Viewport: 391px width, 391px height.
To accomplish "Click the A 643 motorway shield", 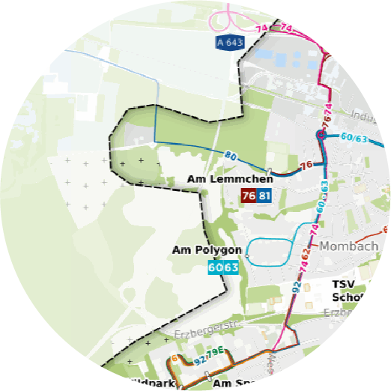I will tap(229, 43).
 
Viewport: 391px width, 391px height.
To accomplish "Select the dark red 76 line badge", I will tap(248, 195).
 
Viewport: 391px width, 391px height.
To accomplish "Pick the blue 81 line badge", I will tap(264, 195).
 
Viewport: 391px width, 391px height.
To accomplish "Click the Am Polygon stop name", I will tap(206, 250).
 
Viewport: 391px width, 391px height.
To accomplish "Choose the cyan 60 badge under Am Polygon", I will tap(215, 267).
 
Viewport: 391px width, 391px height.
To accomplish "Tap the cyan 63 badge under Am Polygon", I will tap(231, 267).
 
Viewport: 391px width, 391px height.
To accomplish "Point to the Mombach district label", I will tap(345, 246).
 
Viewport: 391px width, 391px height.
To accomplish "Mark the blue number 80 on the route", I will tap(230, 157).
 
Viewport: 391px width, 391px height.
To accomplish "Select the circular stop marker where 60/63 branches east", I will tap(321, 136).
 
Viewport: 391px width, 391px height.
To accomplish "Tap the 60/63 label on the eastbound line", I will tap(353, 138).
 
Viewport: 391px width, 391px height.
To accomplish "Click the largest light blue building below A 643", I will tap(267, 54).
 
